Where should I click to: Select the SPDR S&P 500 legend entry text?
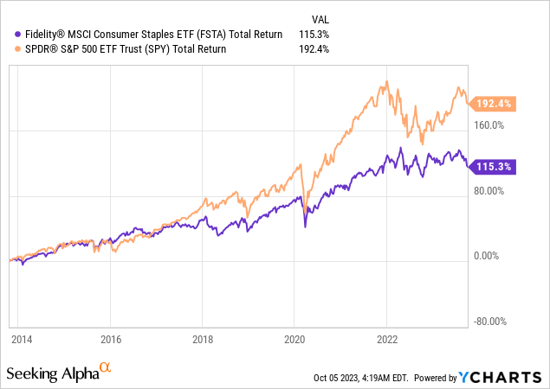120,49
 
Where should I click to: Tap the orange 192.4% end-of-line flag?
494,104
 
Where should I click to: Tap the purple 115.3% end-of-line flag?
494,166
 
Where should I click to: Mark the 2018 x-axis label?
202,340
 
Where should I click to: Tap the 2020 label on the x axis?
294,340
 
